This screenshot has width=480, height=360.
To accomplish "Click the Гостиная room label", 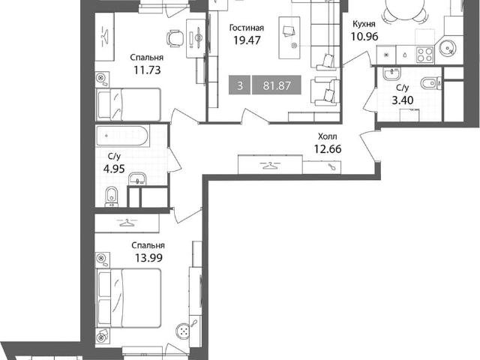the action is tap(247, 28).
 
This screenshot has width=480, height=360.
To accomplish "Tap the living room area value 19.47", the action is tap(247, 40).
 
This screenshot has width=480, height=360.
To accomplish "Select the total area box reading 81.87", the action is tap(277, 85).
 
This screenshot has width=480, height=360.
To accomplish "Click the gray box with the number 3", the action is tap(240, 85).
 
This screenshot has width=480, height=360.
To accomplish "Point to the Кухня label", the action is tap(364, 24).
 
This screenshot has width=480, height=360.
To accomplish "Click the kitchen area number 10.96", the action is tap(364, 37).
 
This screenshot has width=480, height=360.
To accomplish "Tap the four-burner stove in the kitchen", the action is tap(425, 55).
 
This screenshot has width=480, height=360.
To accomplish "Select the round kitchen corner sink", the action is tap(448, 48).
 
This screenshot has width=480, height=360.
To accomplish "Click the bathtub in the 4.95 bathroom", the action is tap(122, 136).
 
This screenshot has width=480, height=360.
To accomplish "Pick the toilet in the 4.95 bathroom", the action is tap(112, 196).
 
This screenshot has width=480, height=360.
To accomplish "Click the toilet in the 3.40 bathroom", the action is tap(430, 83).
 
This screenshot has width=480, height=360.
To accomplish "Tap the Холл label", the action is tap(327, 136).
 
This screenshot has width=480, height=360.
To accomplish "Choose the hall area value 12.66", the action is tap(328, 149).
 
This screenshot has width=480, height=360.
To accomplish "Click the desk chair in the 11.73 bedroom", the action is tap(175, 38).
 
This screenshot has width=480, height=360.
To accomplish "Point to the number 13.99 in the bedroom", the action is tap(148, 258).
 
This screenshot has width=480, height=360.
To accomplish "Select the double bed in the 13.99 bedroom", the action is tap(129, 298).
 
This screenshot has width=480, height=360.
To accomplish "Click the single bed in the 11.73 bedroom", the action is tap(128, 104).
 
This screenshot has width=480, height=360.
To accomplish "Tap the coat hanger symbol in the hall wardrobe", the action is tap(270, 166).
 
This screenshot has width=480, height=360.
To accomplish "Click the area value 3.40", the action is tap(403, 100).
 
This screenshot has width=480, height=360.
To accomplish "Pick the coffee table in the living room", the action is tap(289, 37).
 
